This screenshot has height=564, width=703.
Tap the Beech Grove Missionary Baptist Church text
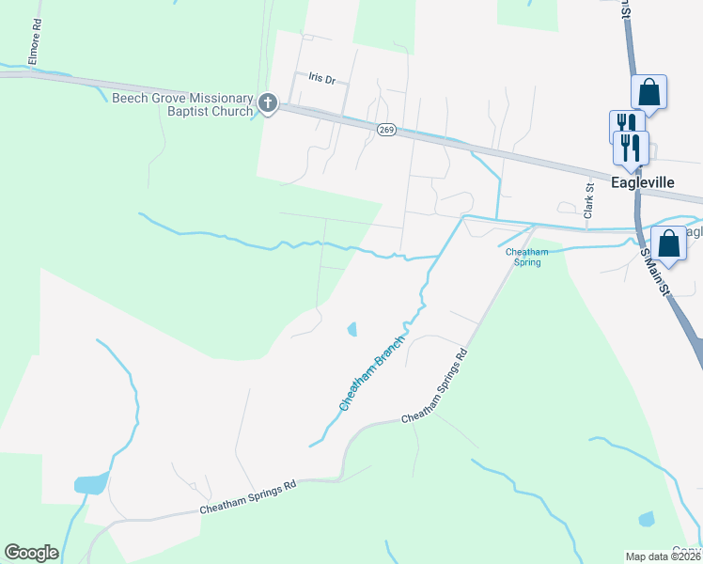coord(182,104)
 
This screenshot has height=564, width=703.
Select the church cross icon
coord(268,102)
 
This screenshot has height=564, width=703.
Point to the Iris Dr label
coord(322,80)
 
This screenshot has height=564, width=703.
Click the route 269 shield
coord(386,130)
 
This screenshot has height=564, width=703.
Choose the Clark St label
coord(589,202)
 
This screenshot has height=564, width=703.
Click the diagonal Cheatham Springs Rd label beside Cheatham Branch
coord(434,386)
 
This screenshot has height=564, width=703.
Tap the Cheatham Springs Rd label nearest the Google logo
coord(248,497)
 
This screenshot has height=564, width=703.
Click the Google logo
coord(31,553)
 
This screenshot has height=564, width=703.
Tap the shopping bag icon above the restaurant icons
coord(648,93)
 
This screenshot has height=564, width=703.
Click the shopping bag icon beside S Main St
coord(670,244)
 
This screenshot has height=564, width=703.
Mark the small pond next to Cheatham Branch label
coord(352,329)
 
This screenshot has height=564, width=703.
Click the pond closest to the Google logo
coord(91,484)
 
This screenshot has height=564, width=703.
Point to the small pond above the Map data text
coord(646,519)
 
